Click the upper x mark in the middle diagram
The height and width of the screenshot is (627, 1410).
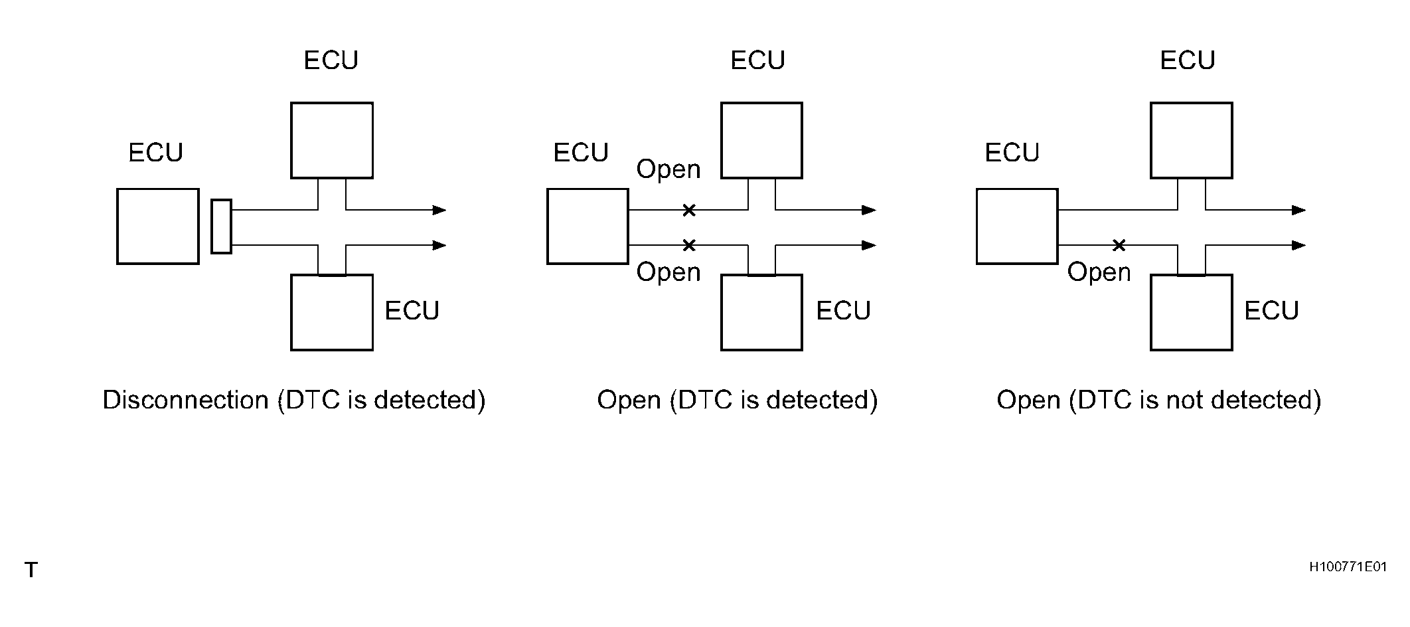(x=689, y=211)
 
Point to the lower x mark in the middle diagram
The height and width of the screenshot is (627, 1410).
(x=689, y=245)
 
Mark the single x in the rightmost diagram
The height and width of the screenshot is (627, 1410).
(x=1119, y=245)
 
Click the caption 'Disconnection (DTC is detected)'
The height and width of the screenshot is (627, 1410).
(x=294, y=400)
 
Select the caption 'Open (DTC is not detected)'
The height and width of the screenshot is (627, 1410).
(x=1159, y=400)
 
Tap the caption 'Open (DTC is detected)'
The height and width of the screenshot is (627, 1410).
(x=738, y=400)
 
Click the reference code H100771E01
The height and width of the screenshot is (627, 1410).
(x=1348, y=567)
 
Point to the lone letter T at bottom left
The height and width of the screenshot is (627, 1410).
(x=31, y=569)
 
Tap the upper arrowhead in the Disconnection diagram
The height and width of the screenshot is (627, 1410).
(x=439, y=210)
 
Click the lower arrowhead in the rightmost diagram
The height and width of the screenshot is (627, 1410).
(x=1299, y=245)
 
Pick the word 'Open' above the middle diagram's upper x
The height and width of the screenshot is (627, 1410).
(x=668, y=169)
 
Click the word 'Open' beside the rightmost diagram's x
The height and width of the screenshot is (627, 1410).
(x=1099, y=272)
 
